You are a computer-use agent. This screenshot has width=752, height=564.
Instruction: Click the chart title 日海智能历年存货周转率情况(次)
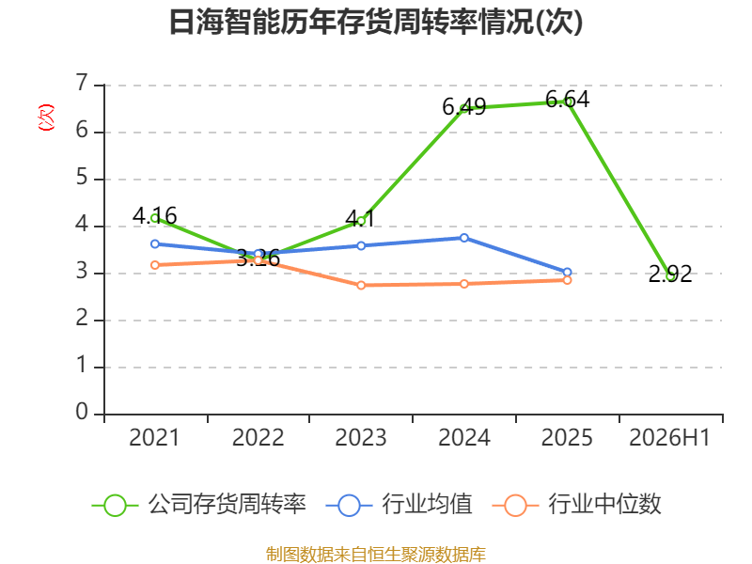(376, 22)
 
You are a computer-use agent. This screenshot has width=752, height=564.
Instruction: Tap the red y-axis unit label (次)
(46, 117)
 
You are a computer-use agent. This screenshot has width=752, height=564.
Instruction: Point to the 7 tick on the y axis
(82, 84)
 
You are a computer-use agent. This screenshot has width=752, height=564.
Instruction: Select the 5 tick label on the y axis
(82, 178)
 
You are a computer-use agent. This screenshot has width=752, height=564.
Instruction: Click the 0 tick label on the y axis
(82, 413)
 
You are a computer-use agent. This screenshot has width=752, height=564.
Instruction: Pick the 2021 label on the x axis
(154, 437)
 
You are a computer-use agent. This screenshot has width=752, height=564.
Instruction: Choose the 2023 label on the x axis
(361, 437)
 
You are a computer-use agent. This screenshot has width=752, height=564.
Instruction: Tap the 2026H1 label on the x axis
(669, 437)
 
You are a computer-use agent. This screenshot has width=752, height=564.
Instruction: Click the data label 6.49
(463, 107)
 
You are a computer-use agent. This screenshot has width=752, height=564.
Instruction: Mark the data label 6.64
(568, 100)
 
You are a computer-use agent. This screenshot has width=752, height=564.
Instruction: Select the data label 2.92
(670, 274)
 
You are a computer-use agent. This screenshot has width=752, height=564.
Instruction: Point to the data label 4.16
(154, 216)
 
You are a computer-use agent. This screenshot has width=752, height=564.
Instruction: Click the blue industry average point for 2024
(464, 238)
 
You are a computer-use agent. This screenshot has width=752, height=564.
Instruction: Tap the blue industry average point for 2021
(155, 244)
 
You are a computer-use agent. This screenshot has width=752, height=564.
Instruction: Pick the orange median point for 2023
(361, 286)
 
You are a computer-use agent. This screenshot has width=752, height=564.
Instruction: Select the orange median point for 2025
(568, 280)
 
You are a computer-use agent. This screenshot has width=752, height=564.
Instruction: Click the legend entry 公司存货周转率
(198, 505)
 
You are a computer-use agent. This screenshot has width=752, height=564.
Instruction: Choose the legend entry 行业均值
(399, 505)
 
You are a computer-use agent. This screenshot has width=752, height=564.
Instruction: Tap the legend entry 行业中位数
(577, 505)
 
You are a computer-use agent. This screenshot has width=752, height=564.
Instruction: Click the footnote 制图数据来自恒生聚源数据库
(376, 555)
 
